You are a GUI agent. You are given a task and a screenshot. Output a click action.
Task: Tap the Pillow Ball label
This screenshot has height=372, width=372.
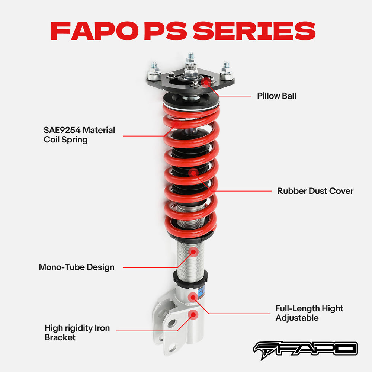point(276,96)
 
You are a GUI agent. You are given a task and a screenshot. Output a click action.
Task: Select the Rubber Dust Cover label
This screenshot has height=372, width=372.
point(315,191)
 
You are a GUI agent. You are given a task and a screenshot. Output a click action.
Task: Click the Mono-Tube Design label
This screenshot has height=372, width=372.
point(77,267)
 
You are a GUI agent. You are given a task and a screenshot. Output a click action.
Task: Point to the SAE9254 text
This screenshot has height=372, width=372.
point(62,130)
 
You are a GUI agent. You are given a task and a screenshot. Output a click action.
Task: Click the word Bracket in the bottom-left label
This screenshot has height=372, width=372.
point(60,337)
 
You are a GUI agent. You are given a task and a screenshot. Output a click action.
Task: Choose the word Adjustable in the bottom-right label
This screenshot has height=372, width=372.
point(297,318)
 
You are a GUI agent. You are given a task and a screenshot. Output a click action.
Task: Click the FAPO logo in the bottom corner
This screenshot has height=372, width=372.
point(305,349)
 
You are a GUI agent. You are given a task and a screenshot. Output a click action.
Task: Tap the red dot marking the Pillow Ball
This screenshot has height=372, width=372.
point(206,80)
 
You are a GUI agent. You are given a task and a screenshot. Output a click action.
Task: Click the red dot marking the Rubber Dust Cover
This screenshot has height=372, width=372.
point(193,172)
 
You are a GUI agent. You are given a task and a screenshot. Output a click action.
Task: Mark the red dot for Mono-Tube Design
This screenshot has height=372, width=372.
point(193,251)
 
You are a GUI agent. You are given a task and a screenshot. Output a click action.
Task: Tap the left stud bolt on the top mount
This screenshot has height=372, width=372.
point(154,73)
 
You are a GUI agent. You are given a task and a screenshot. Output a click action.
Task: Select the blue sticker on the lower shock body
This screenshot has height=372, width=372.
point(203,292)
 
